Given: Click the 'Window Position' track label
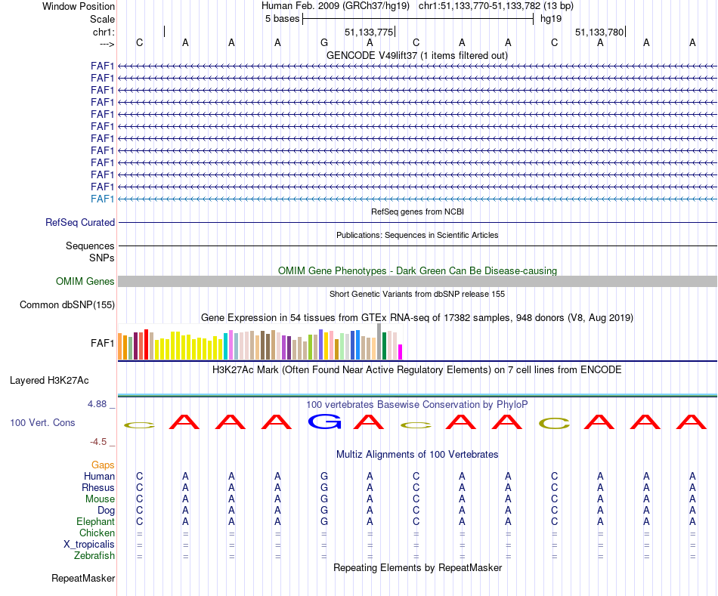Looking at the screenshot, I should click(79, 6).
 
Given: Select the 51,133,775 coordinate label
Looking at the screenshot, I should click(369, 32).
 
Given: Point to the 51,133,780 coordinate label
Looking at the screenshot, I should click(599, 32).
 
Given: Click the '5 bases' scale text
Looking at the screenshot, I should click(282, 18).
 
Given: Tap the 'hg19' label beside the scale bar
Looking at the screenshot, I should click(550, 18).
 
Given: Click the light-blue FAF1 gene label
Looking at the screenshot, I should click(102, 199).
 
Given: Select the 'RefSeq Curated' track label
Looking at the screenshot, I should click(80, 223).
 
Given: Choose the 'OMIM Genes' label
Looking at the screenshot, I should click(85, 282).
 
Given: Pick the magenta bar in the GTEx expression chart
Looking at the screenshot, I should click(401, 352).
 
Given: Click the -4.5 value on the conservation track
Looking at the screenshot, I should click(101, 442).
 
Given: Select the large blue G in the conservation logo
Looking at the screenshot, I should click(324, 422).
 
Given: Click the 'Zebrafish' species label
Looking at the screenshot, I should click(94, 556).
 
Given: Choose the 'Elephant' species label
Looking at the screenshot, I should click(95, 522).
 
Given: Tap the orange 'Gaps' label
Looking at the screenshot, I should click(104, 465).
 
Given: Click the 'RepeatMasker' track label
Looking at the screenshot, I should click(83, 579).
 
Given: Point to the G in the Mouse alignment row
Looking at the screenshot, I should click(324, 499).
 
